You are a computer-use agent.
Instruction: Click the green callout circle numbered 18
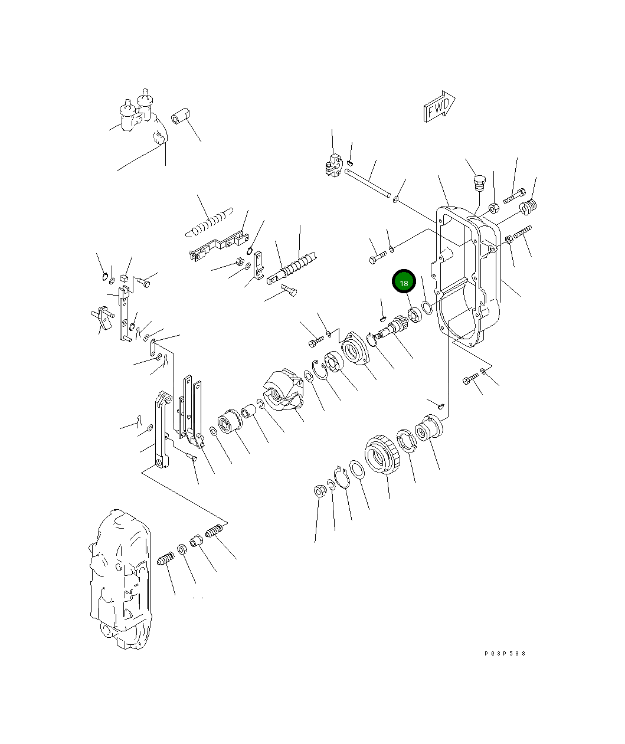(x=404, y=283)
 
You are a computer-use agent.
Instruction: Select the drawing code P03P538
(x=505, y=654)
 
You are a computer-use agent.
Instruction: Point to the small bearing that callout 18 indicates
(x=414, y=315)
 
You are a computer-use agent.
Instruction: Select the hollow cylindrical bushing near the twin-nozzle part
(x=180, y=116)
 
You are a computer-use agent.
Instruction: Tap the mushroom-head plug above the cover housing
(x=479, y=182)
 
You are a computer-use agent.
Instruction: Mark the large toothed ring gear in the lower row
(x=382, y=455)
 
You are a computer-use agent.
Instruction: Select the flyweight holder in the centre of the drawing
(x=283, y=389)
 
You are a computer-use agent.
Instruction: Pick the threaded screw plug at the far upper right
(x=529, y=207)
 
